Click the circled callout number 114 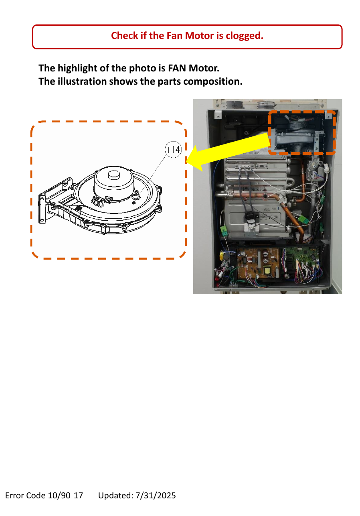(x=173, y=150)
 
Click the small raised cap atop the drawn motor (x=114, y=175)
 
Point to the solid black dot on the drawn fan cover (x=134, y=203)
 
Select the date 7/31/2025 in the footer (x=156, y=495)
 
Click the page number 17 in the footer (x=78, y=495)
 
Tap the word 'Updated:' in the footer (x=116, y=495)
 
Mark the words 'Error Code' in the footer (x=25, y=495)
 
